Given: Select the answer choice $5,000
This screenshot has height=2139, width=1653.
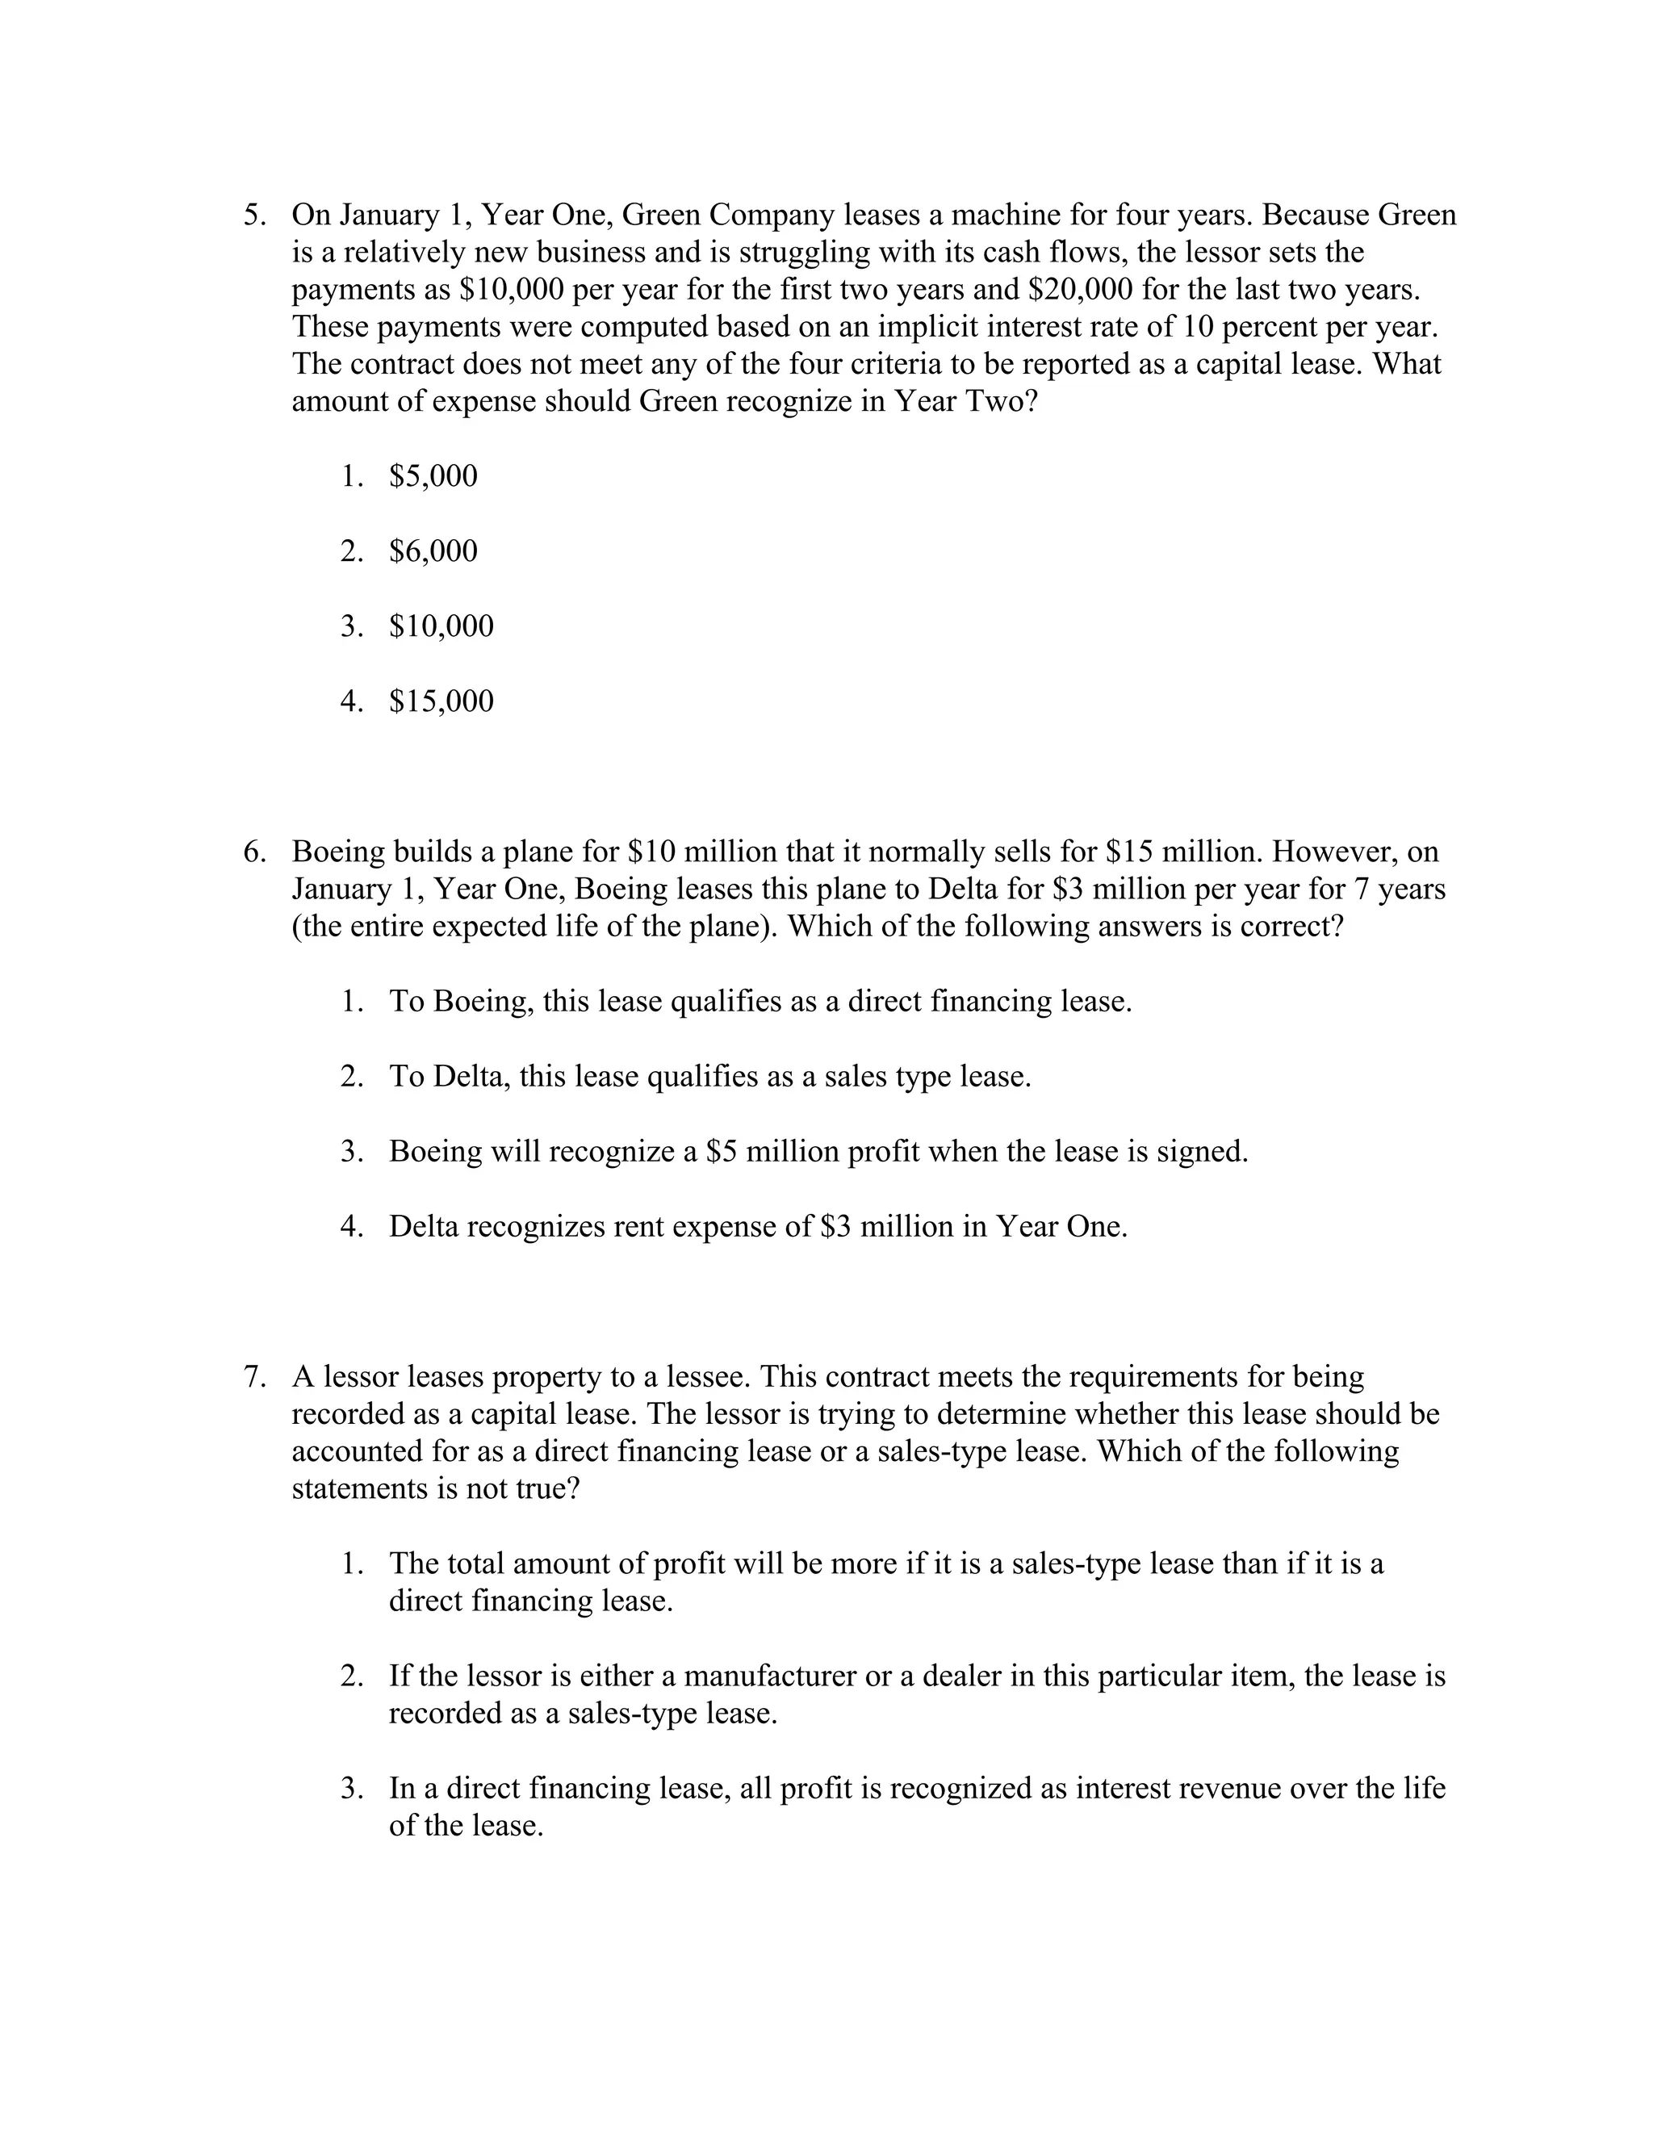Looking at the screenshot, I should click(433, 476).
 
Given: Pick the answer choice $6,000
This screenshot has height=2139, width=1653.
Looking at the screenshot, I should click(433, 551).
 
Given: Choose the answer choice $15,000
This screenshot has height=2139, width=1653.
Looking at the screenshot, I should click(441, 701).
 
